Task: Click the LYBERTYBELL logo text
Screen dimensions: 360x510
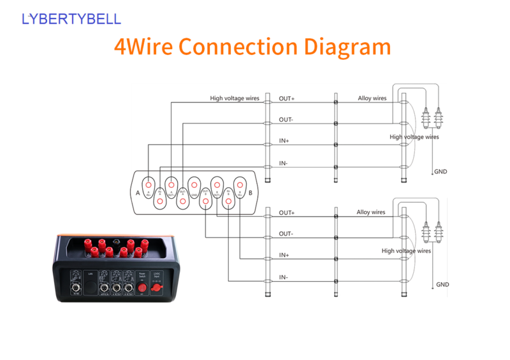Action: click(71, 19)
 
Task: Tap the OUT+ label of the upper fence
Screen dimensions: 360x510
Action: click(286, 98)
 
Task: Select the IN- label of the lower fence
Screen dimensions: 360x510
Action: click(283, 277)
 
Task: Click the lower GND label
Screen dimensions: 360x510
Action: click(442, 284)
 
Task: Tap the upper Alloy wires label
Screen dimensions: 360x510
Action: click(372, 98)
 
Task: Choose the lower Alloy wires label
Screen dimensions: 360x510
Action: click(371, 212)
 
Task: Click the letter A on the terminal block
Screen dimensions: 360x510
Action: click(138, 192)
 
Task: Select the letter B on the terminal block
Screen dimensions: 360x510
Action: click(251, 192)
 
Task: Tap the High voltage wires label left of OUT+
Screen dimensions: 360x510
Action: click(235, 98)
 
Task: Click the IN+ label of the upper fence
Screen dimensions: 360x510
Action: click(284, 141)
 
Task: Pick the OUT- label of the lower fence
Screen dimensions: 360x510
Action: click(286, 234)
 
